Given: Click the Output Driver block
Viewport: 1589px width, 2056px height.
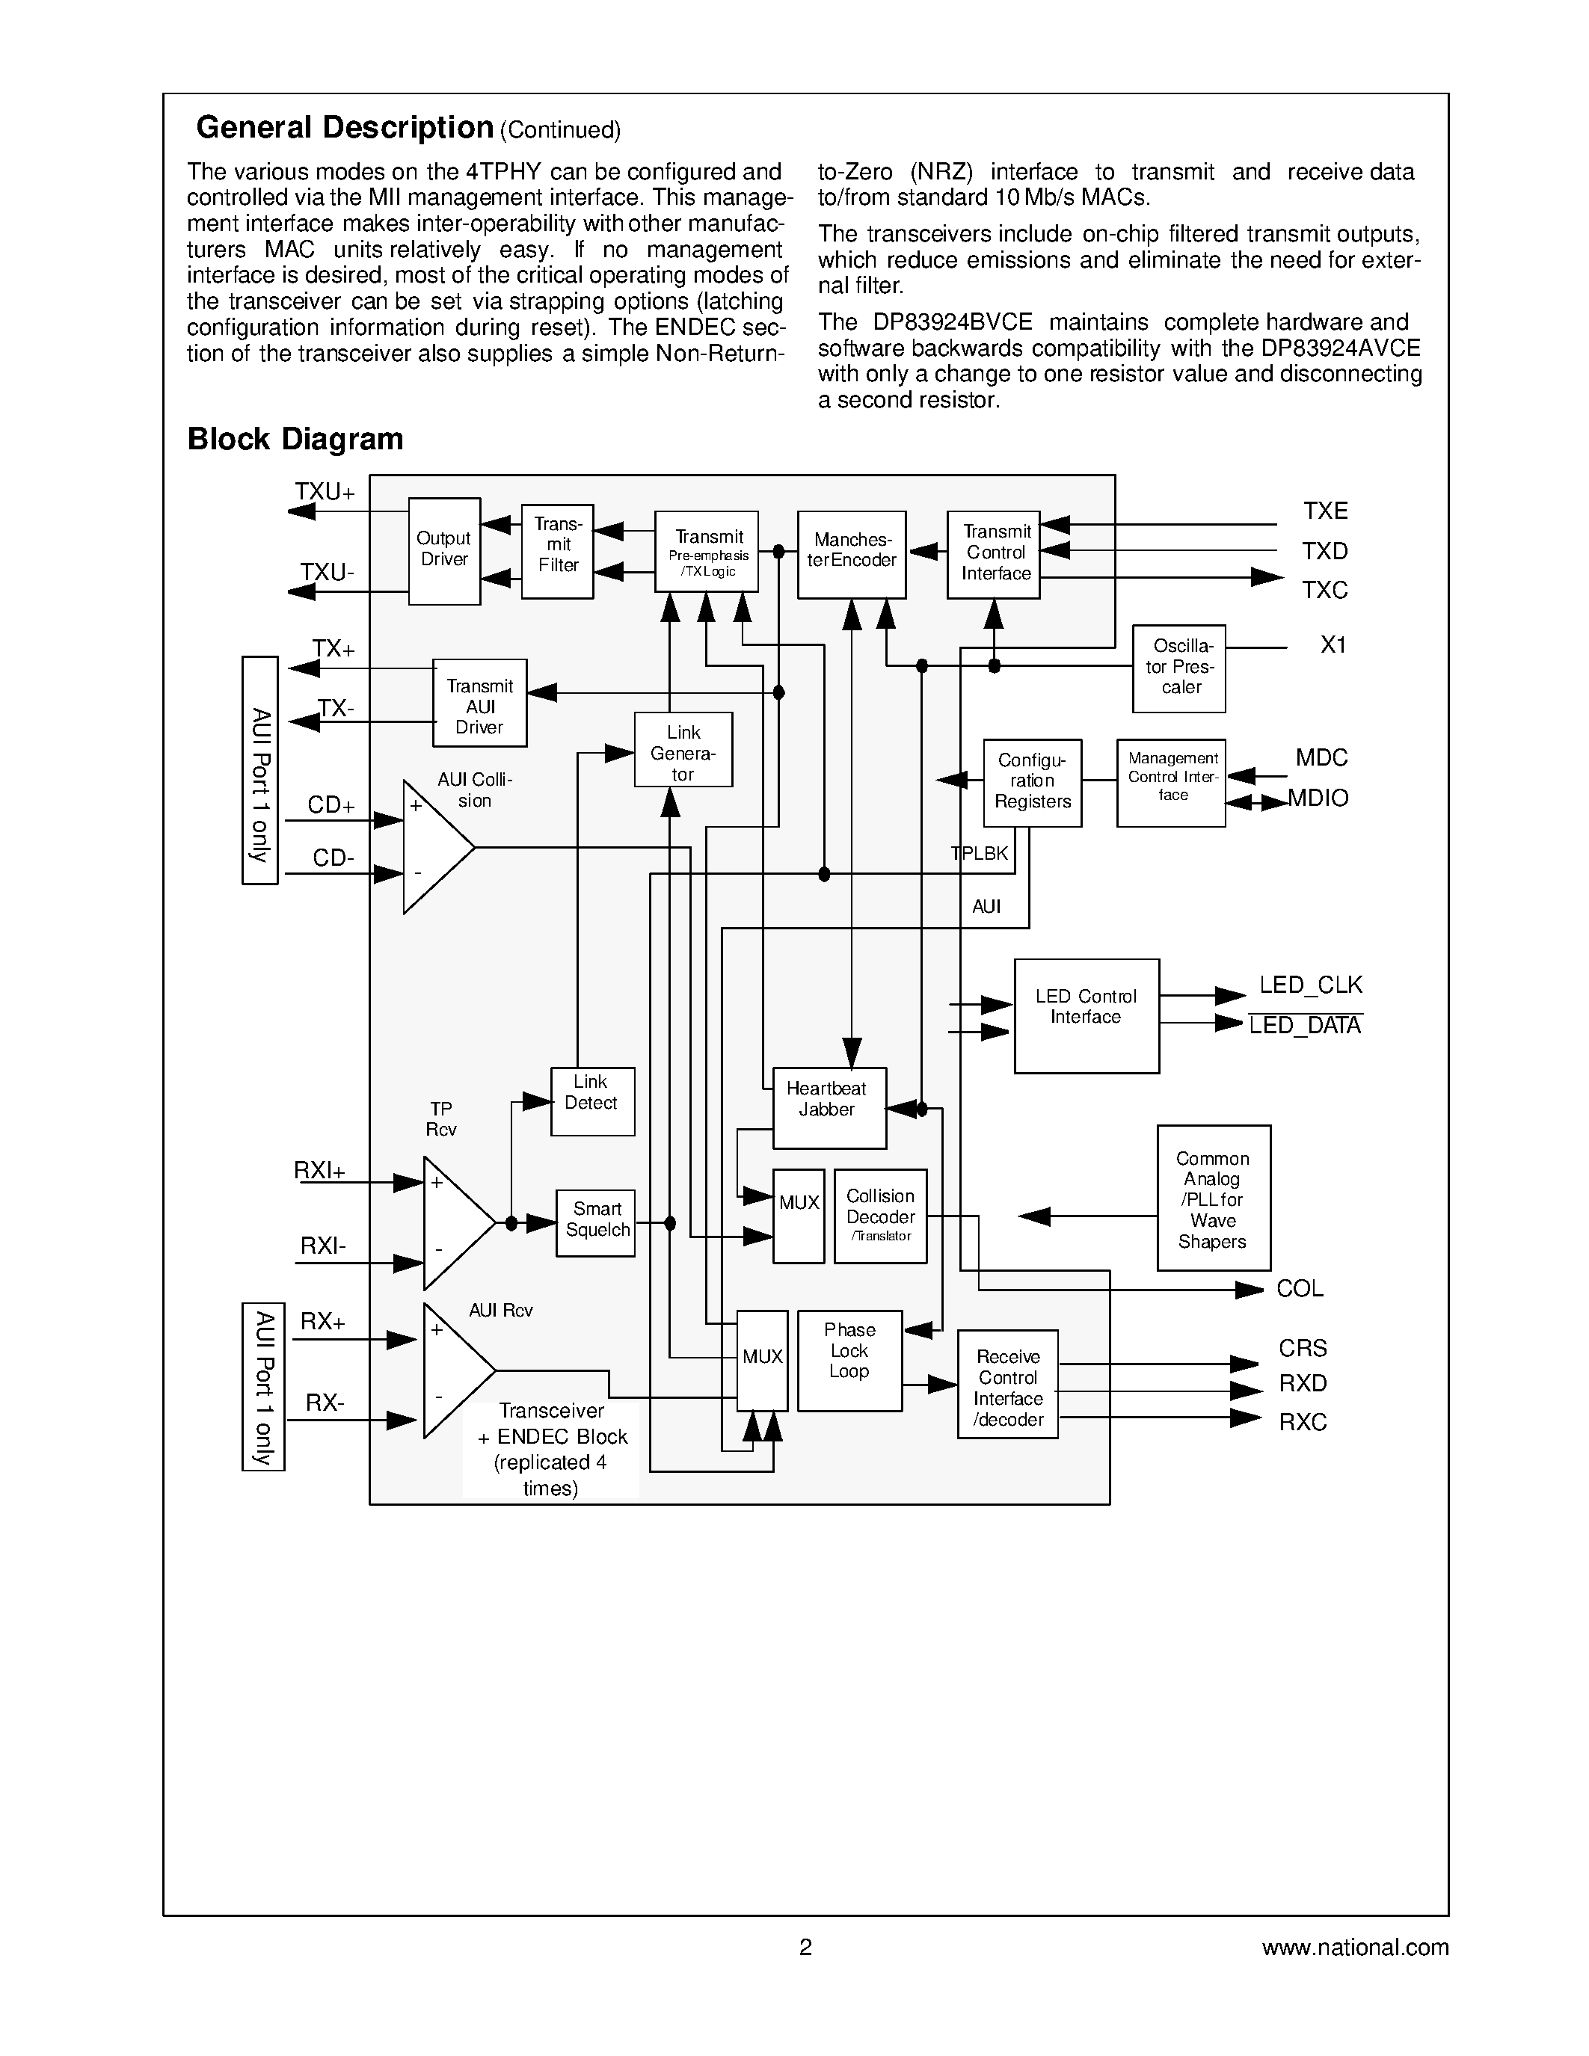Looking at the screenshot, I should [x=444, y=551].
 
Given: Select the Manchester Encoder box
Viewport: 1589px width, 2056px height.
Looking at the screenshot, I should [x=851, y=555].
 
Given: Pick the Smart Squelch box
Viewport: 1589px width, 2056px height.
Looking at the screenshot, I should [x=595, y=1223].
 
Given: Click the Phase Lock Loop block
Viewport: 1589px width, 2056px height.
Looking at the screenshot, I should [x=850, y=1360].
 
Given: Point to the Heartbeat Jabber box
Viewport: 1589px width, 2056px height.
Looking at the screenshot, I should [x=829, y=1107].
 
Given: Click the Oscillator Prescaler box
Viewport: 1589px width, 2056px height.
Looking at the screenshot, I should [x=1178, y=668].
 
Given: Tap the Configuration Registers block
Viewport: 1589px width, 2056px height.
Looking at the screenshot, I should [x=1033, y=782].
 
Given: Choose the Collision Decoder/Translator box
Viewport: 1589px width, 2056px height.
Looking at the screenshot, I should [x=880, y=1216].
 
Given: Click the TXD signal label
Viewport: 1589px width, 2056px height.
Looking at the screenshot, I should [x=1324, y=551].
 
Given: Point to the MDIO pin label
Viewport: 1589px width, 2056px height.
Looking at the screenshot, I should [x=1319, y=798].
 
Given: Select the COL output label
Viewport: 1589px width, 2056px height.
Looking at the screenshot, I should [x=1299, y=1289].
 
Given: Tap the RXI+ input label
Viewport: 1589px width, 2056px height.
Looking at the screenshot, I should [x=320, y=1171].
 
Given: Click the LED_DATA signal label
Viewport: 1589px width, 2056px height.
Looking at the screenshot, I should [x=1305, y=1025].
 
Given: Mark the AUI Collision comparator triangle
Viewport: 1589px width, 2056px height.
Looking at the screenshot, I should [x=431, y=847].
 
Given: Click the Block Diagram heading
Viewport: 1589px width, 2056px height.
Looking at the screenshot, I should [x=295, y=439].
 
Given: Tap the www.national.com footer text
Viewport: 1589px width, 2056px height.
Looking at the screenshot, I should [x=1355, y=1947].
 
